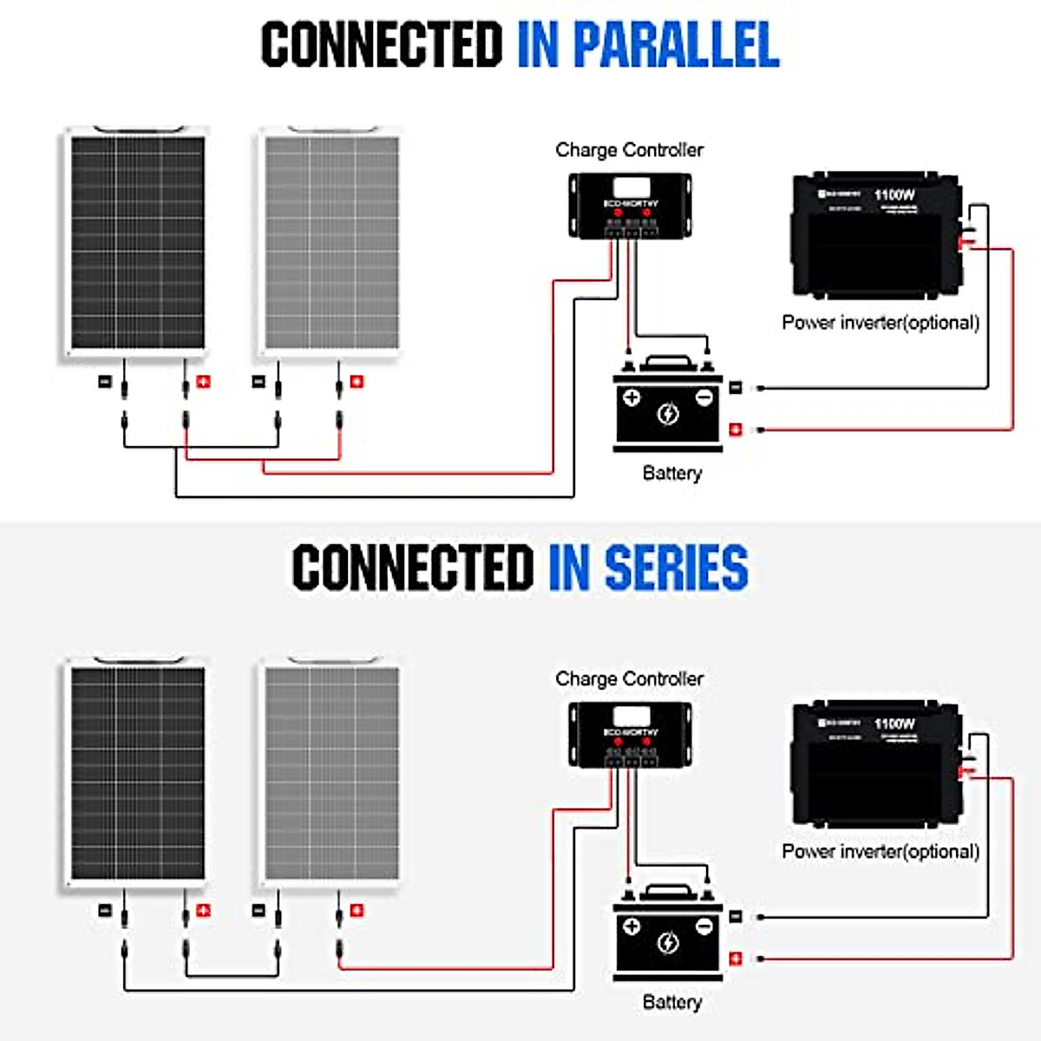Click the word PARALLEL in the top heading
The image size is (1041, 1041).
[676, 44]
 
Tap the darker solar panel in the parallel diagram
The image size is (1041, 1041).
[136, 242]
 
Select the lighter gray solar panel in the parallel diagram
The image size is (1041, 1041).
[331, 242]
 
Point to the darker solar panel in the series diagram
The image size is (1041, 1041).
[136, 773]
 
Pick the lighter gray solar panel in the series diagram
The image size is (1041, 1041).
[331, 773]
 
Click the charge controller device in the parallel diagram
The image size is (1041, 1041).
[630, 206]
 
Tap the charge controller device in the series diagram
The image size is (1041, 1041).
[630, 735]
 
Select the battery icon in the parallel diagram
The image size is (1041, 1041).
[667, 405]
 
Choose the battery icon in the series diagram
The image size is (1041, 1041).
[667, 934]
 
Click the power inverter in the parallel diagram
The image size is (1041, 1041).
[875, 235]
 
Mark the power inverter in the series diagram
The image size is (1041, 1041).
[875, 764]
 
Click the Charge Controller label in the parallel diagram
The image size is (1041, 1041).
[629, 150]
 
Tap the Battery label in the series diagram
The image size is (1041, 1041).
[671, 1002]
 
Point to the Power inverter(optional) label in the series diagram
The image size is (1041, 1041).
[881, 852]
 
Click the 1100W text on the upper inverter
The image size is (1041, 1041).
[894, 194]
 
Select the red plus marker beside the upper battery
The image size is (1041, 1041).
[736, 429]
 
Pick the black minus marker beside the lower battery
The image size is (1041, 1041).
[736, 916]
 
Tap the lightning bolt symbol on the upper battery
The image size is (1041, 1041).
[667, 414]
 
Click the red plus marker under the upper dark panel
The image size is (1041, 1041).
[203, 381]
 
